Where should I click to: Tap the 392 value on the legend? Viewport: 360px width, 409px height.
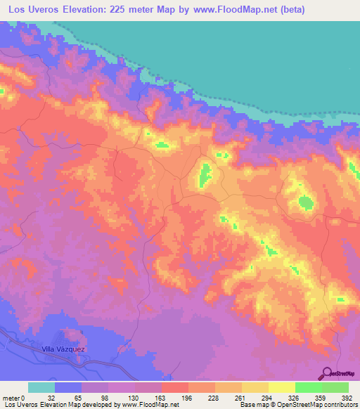point(347,398)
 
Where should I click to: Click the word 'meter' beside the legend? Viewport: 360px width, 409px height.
point(11,398)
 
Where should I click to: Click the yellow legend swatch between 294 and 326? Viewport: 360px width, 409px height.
point(281,387)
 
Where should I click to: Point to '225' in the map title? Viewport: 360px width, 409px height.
point(146,9)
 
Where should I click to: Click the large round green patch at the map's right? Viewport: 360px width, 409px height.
point(306,203)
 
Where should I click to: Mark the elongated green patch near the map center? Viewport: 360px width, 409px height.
point(205,174)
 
